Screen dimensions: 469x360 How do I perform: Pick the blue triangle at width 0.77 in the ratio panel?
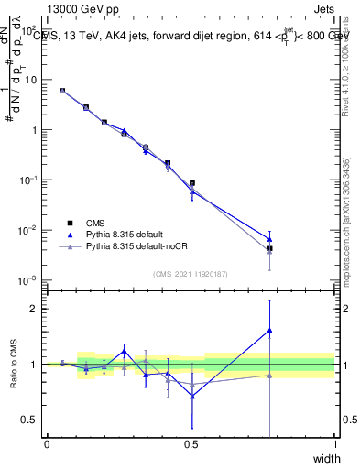tap(269, 331)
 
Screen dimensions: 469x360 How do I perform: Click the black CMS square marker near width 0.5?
tap(191, 183)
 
